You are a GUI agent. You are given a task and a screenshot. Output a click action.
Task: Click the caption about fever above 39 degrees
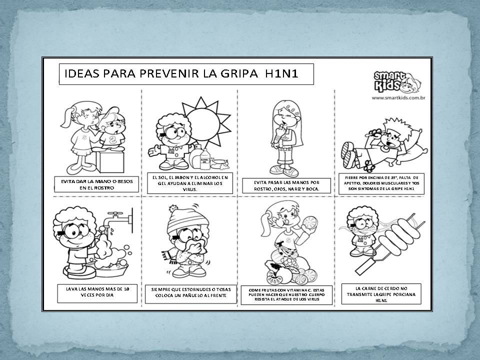tap(381, 183)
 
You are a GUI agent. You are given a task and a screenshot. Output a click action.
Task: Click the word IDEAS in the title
tap(80, 74)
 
